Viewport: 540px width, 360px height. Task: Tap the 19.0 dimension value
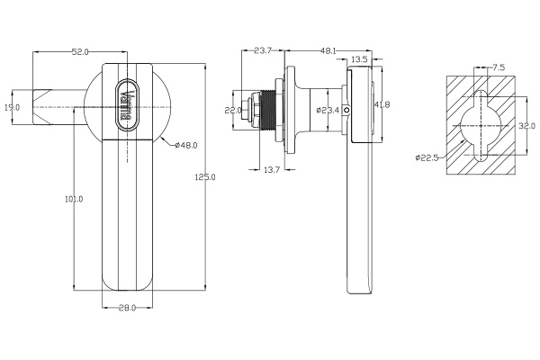(12, 108)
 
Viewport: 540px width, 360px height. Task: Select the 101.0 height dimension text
(75, 199)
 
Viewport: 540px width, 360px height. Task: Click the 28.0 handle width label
(127, 309)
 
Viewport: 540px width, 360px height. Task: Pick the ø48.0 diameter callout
(186, 145)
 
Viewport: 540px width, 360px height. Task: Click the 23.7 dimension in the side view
(264, 50)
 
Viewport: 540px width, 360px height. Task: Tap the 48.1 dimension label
(328, 50)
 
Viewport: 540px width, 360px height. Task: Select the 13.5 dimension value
(358, 60)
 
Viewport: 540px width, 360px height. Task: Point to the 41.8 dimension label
(382, 105)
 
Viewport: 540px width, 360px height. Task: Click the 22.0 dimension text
(234, 110)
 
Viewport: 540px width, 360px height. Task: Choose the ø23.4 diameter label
(329, 111)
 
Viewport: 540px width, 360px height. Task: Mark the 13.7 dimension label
(271, 169)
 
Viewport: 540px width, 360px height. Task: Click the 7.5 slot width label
(498, 67)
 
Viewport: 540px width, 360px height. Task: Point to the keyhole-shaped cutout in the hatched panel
(483, 126)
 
